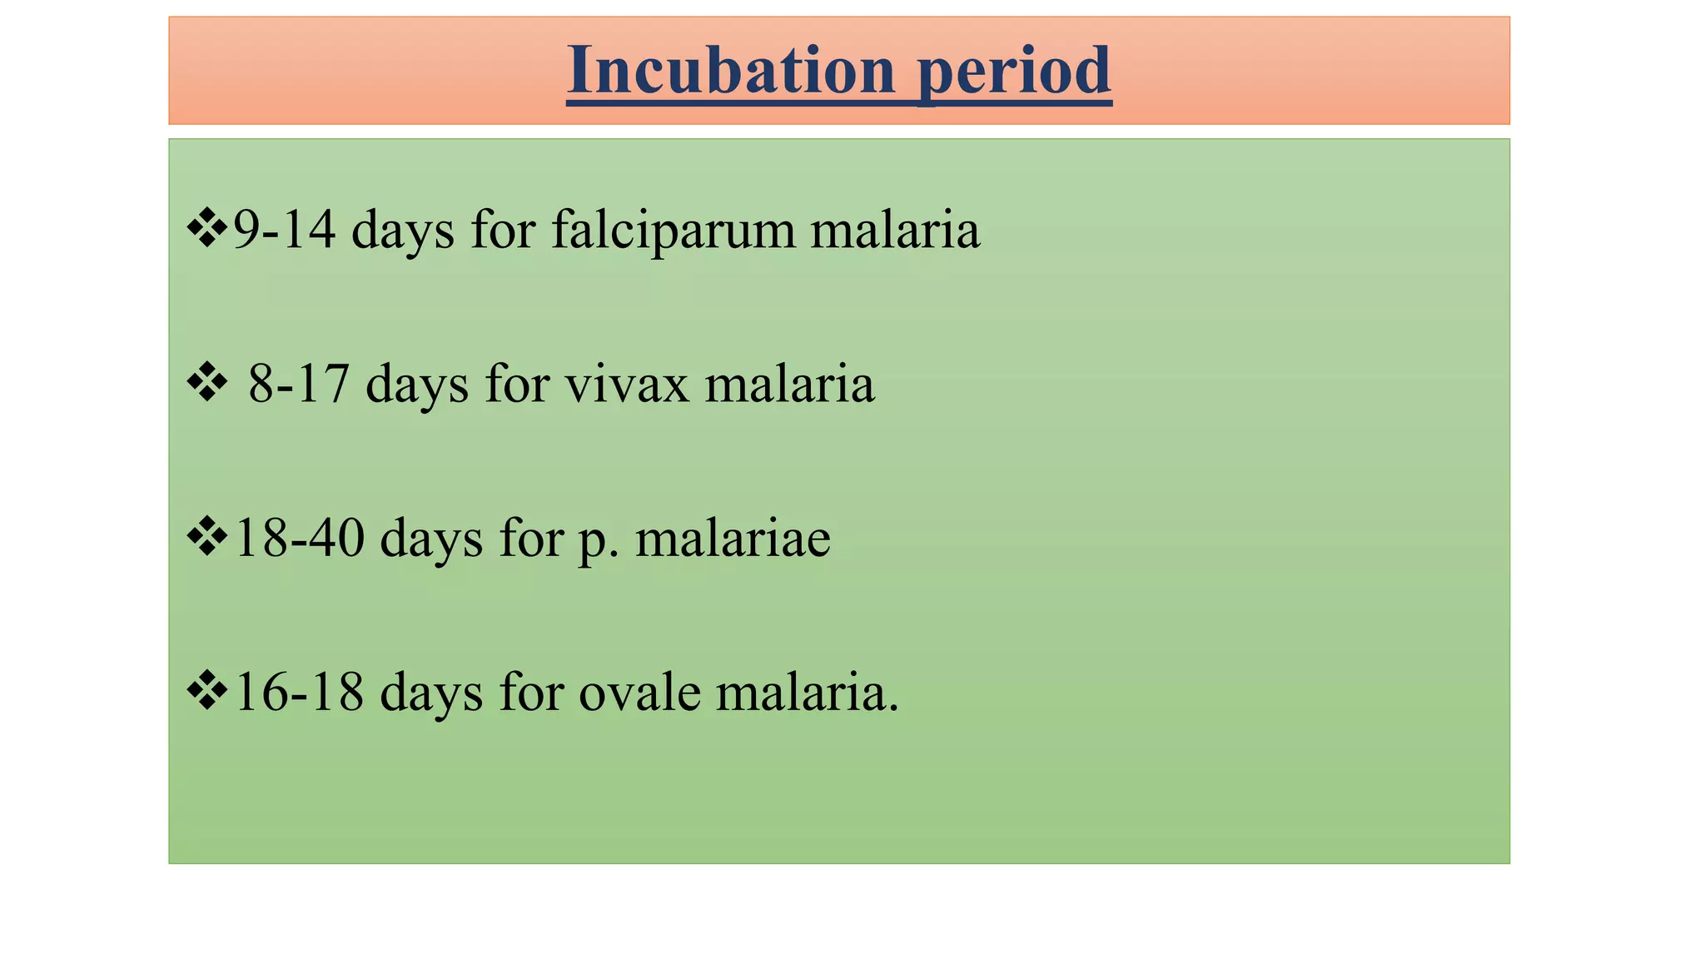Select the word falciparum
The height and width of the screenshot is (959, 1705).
[x=673, y=231]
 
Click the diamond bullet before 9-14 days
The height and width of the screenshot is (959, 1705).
[x=206, y=229]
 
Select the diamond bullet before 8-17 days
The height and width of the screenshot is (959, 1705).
[x=206, y=384]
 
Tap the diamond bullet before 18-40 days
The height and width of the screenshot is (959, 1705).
[x=206, y=537]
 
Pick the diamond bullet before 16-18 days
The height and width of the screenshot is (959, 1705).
[x=206, y=691]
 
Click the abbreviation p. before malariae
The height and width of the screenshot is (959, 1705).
[x=598, y=540]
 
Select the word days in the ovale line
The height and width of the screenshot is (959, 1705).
[x=431, y=693]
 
